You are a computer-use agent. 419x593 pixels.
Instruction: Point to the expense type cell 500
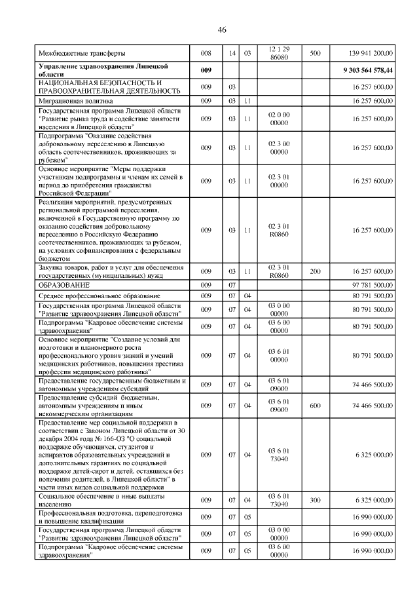coord(314,52)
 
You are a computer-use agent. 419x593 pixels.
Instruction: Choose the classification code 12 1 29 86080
coord(279,52)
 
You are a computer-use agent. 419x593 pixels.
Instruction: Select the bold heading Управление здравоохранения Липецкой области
coord(105,69)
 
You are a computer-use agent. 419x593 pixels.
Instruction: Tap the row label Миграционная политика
coord(75,101)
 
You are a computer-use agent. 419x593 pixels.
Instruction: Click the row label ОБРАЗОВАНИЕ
coord(64,285)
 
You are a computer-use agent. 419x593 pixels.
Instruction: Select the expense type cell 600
coord(314,406)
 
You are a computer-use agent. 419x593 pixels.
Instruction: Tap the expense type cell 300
coord(314,500)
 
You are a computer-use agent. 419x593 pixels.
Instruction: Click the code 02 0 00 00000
coord(279,119)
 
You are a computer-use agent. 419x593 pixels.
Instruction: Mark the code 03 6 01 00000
coord(279,355)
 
